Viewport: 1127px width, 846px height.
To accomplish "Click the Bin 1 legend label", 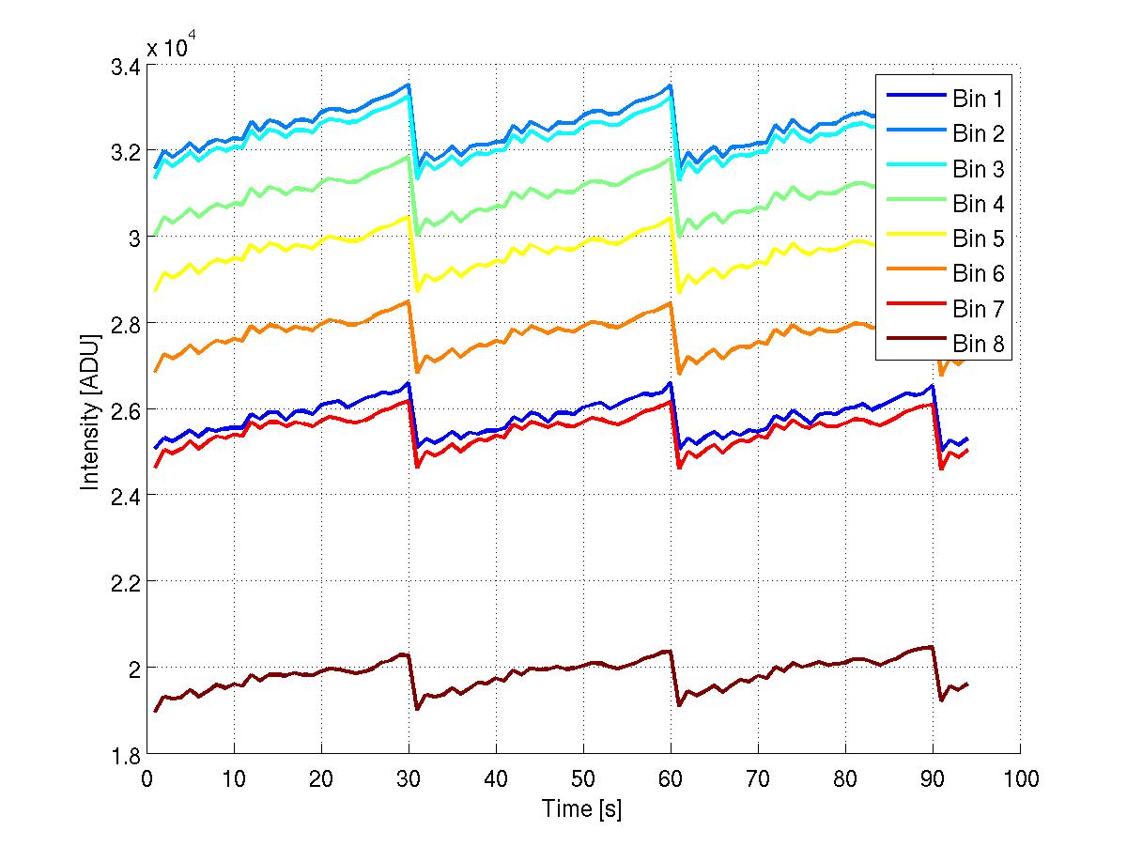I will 979,99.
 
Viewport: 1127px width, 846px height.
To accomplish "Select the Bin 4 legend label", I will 979,204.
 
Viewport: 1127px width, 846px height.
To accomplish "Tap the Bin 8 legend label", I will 979,345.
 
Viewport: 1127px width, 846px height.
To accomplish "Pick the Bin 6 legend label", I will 979,274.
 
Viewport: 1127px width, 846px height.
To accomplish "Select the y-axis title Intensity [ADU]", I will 90,409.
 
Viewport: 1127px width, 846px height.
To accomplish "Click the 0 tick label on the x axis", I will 147,778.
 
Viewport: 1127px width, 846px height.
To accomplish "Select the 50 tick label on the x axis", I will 583,778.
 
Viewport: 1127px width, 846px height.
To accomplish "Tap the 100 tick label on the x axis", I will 1020,778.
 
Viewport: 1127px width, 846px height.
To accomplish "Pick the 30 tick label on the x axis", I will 409,778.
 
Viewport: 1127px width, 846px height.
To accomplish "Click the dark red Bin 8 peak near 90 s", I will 931,647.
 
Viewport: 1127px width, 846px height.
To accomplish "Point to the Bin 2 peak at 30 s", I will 408,85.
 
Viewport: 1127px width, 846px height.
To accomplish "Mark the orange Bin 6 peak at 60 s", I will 670,303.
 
